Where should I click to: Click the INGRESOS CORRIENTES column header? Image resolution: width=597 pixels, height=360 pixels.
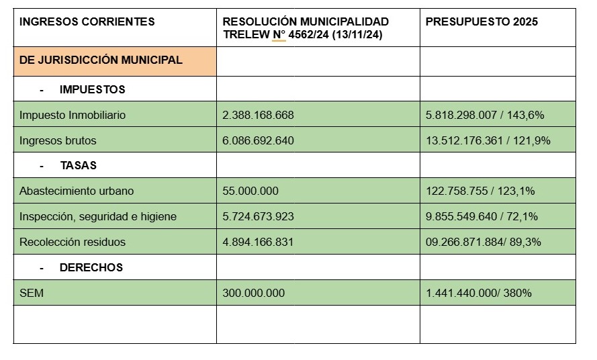pyautogui.click(x=87, y=22)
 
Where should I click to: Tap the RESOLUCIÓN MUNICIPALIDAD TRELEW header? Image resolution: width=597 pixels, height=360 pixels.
pyautogui.click(x=306, y=28)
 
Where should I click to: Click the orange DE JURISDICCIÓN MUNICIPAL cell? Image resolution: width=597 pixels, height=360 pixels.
pyautogui.click(x=101, y=60)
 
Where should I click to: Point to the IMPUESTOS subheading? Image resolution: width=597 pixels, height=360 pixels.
pyautogui.click(x=92, y=89)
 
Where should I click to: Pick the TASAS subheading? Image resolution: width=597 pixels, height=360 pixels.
pyautogui.click(x=78, y=165)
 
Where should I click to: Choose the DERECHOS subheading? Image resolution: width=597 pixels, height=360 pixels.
pyautogui.click(x=91, y=267)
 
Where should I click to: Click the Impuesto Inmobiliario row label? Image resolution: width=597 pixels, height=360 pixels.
pyautogui.click(x=73, y=115)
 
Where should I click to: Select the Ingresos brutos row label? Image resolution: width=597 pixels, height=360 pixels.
pyautogui.click(x=58, y=141)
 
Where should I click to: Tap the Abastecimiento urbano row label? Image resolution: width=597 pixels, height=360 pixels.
pyautogui.click(x=77, y=191)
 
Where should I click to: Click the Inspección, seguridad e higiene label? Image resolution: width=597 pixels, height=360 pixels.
pyautogui.click(x=98, y=216)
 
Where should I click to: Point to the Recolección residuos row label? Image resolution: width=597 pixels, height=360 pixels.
pyautogui.click(x=73, y=242)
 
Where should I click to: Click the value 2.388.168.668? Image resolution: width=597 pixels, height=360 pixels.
pyautogui.click(x=258, y=115)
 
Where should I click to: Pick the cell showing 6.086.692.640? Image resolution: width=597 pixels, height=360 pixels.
pyautogui.click(x=258, y=141)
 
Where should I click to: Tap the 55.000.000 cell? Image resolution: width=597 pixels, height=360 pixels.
pyautogui.click(x=250, y=191)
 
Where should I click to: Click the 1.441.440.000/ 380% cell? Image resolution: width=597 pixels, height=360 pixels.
pyautogui.click(x=479, y=293)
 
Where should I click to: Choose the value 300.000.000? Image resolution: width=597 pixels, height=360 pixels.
pyautogui.click(x=253, y=293)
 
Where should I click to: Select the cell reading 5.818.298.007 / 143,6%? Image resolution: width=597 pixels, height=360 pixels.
pyautogui.click(x=485, y=115)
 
